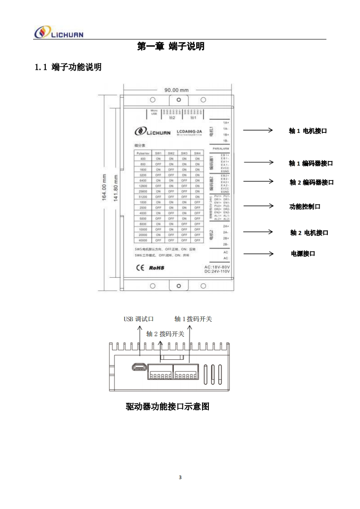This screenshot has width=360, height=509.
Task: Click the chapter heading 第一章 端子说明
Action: pyautogui.click(x=171, y=46)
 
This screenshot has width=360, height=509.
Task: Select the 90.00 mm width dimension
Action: pyautogui.click(x=176, y=90)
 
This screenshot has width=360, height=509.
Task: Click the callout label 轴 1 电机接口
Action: pyautogui.click(x=308, y=131)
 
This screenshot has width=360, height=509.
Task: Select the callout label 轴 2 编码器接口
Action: pyautogui.click(x=311, y=182)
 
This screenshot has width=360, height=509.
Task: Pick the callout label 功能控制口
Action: pyautogui.click(x=305, y=206)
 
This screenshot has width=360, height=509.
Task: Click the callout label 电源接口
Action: pyautogui.click(x=303, y=253)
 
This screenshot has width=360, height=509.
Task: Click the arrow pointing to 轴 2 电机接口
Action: pyautogui.click(x=257, y=232)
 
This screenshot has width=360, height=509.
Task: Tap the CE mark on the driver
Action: pyautogui.click(x=140, y=268)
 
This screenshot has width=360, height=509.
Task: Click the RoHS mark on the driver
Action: pyautogui.click(x=157, y=268)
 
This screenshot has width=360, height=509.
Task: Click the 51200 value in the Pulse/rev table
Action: pyautogui.click(x=143, y=196)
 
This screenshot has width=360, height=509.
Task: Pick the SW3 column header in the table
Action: pyautogui.click(x=184, y=153)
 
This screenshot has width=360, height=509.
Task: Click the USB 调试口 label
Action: pyautogui.click(x=139, y=319)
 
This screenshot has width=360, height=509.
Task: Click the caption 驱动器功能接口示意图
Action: pyautogui.click(x=167, y=406)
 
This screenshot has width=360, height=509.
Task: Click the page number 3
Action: pyautogui.click(x=180, y=477)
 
